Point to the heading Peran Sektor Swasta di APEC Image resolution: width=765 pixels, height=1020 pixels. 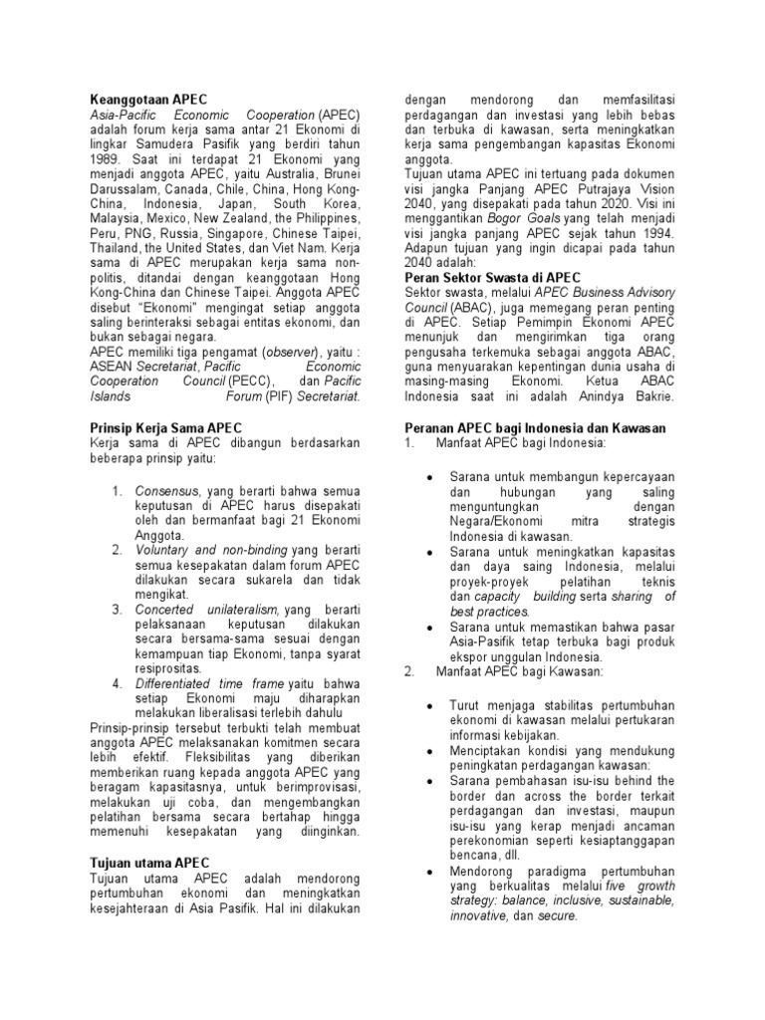tap(492, 276)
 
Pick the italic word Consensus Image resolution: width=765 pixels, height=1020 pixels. tap(166, 490)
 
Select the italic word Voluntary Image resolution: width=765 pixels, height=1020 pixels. tap(159, 549)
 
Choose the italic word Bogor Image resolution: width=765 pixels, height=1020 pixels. tap(506, 217)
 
